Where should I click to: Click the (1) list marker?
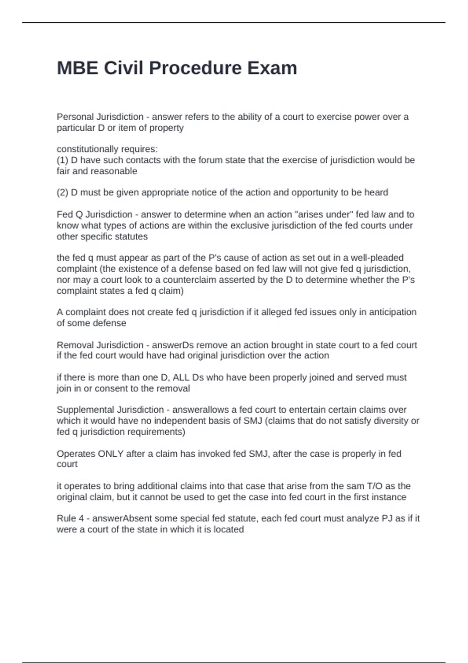coord(62,160)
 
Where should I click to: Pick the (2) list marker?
coord(62,193)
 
